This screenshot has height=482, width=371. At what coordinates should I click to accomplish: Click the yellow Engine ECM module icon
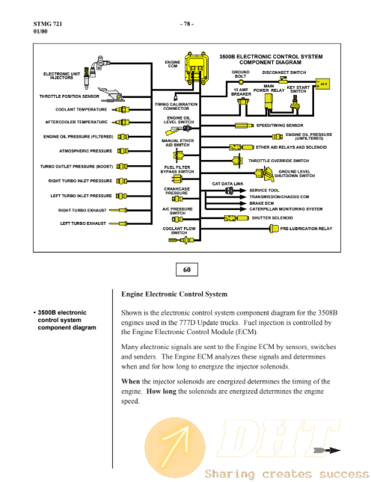point(197,68)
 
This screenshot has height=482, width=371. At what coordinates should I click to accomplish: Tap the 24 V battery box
point(322,84)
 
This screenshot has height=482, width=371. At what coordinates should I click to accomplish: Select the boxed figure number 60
point(187,270)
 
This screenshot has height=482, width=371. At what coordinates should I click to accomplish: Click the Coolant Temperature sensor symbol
point(121,109)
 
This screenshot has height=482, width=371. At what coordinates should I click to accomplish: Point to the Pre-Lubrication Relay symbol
point(274,229)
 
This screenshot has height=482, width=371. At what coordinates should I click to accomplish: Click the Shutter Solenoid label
point(272,218)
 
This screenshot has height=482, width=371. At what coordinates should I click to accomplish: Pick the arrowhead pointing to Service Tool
point(243,191)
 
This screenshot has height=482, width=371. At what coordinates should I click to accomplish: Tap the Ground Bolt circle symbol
point(241,81)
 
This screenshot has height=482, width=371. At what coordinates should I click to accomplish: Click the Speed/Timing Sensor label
point(280,126)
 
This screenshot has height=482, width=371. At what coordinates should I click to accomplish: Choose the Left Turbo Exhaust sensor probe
point(118,223)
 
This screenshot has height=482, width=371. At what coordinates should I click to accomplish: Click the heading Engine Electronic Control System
point(174,294)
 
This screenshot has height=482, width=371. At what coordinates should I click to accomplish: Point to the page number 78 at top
point(187,24)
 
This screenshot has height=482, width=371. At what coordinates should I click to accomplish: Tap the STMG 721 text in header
point(48,24)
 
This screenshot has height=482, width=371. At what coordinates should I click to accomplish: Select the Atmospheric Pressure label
point(85,151)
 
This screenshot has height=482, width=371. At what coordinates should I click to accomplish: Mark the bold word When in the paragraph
point(130,381)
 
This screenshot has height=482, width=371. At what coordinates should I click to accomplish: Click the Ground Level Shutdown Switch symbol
point(265,174)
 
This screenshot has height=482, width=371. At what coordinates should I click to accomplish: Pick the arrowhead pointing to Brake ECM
point(243,203)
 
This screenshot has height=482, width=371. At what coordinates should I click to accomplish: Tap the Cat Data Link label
point(227,184)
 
